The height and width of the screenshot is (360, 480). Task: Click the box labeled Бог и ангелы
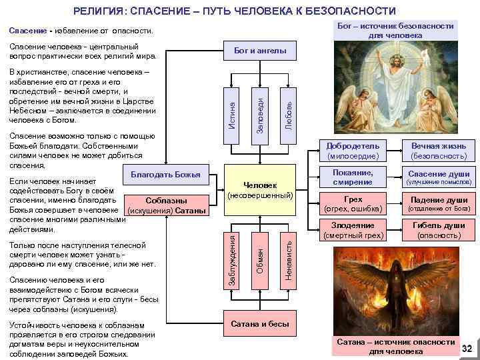click(x=260, y=50)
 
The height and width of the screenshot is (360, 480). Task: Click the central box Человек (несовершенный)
click(x=260, y=190)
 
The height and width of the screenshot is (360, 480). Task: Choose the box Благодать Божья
click(x=165, y=175)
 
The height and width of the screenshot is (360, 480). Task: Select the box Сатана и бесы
click(x=260, y=324)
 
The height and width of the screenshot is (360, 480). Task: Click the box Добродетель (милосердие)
click(x=353, y=151)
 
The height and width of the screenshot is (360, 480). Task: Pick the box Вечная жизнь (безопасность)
click(x=438, y=151)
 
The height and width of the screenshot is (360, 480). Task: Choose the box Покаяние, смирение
click(x=353, y=177)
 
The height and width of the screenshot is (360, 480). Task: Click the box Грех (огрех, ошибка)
click(x=353, y=204)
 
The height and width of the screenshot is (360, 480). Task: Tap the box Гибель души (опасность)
click(x=438, y=231)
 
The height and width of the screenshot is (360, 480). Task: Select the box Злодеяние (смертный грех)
click(x=353, y=231)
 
